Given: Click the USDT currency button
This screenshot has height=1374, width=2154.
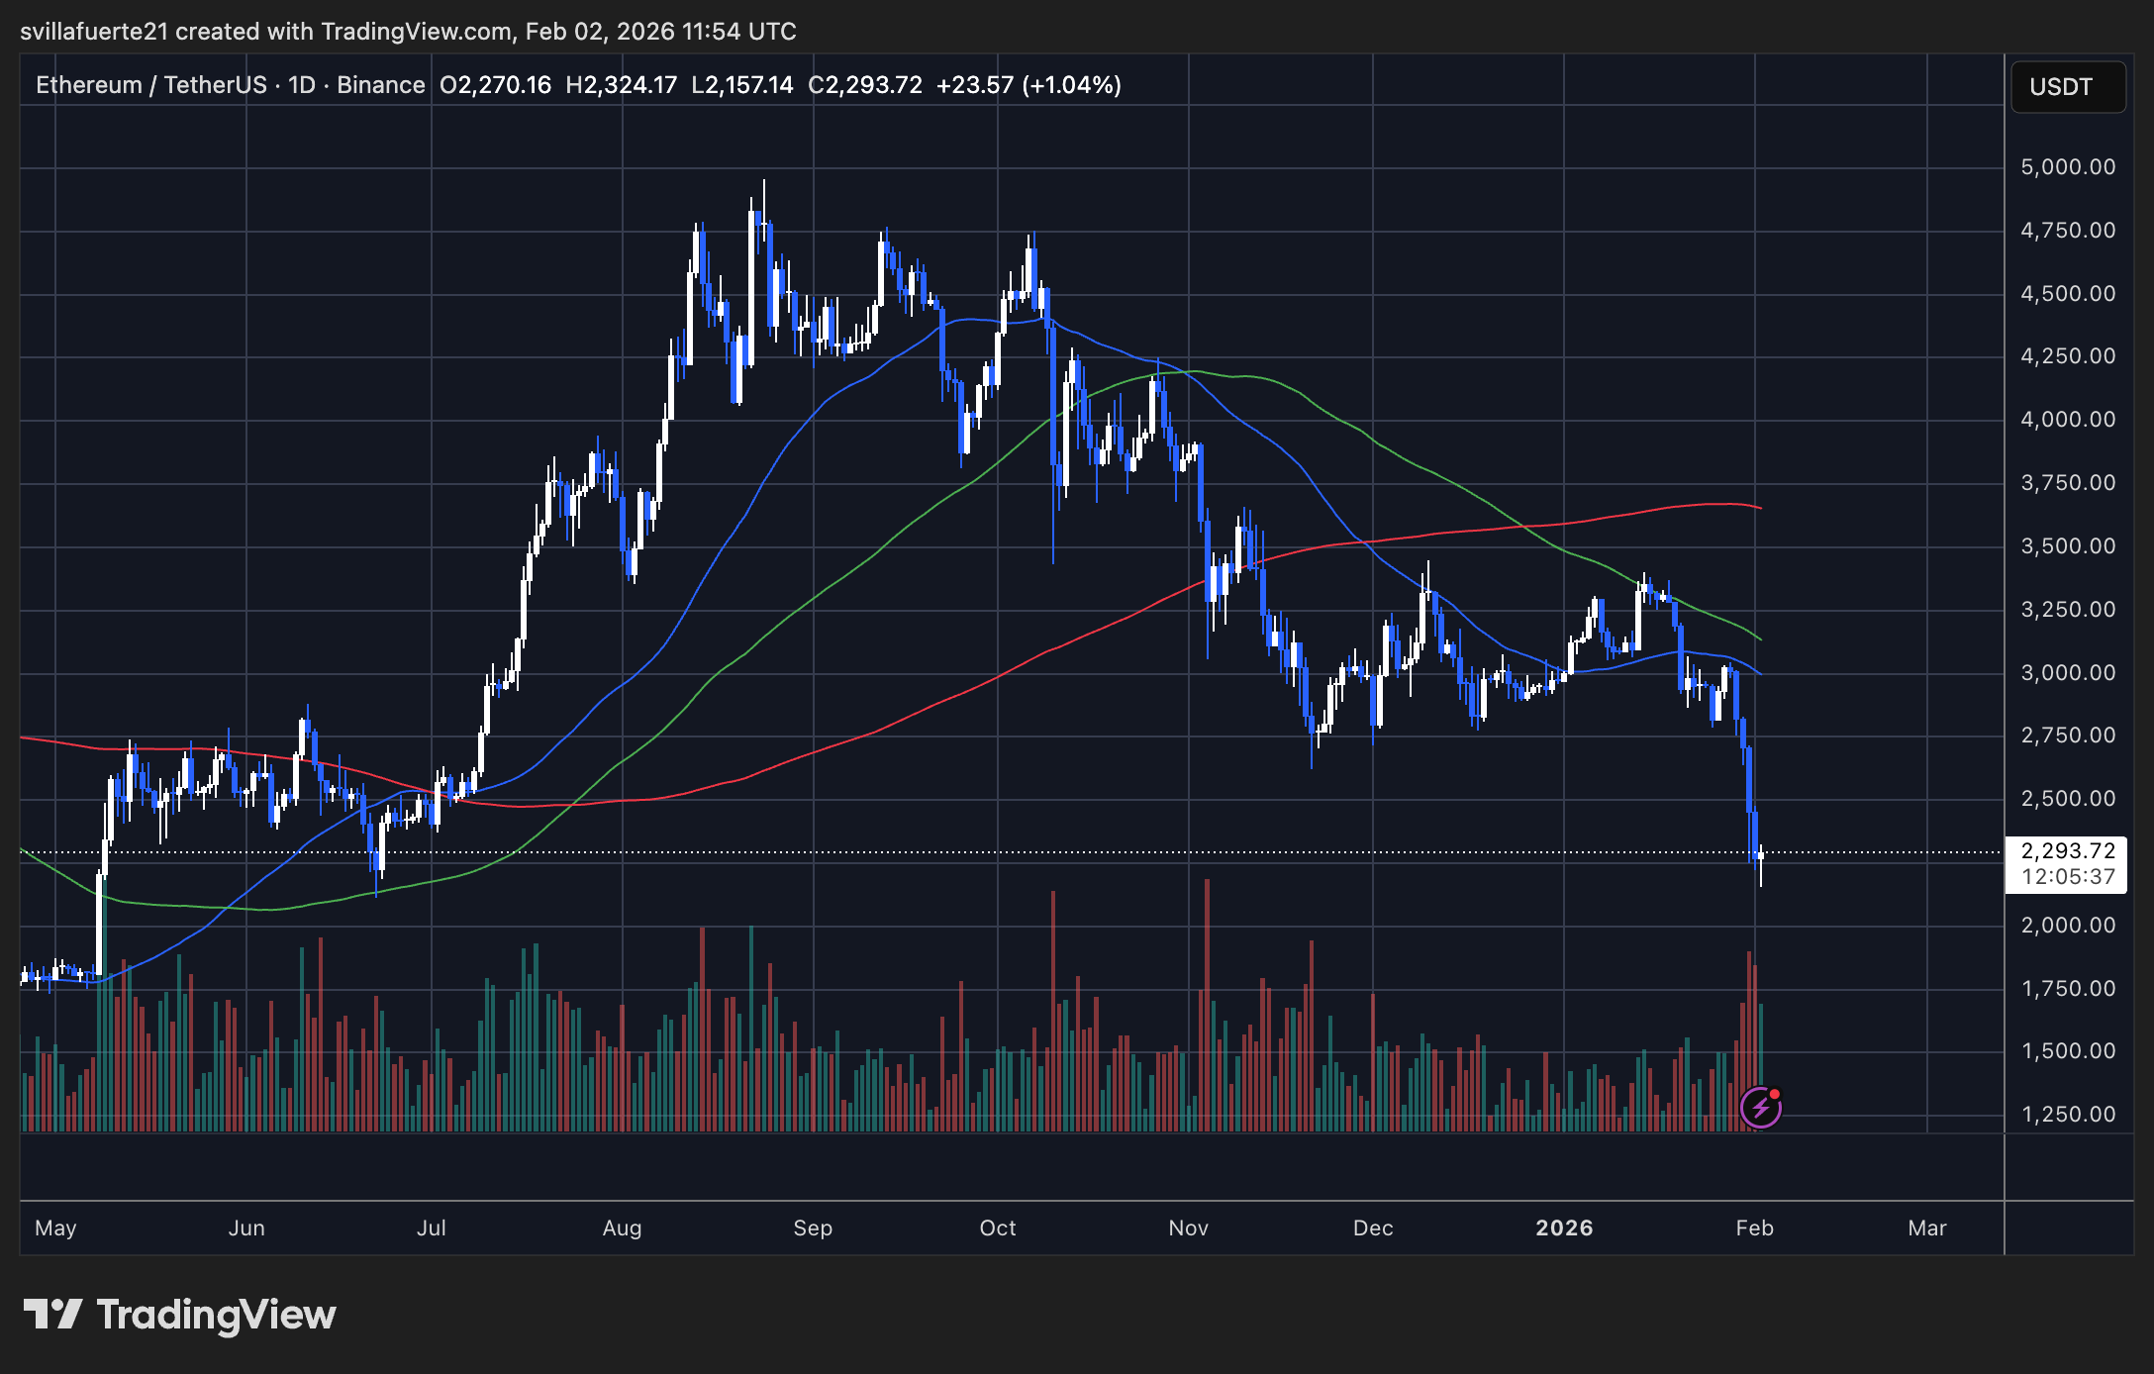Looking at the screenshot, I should pyautogui.click(x=2067, y=87).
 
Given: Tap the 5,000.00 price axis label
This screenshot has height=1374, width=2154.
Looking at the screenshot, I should pyautogui.click(x=2067, y=167).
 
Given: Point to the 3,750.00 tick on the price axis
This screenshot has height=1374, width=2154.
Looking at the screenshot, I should pyautogui.click(x=2067, y=483).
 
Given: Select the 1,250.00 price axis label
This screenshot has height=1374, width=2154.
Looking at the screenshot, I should pyautogui.click(x=2067, y=1115).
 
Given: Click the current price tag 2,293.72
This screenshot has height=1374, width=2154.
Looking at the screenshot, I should pyautogui.click(x=2067, y=851).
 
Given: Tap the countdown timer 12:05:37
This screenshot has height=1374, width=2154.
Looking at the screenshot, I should pyautogui.click(x=2067, y=877).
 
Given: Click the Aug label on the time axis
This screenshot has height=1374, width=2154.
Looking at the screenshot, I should pyautogui.click(x=622, y=1228).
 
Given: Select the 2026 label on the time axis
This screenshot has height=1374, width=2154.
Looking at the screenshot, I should pyautogui.click(x=1564, y=1228).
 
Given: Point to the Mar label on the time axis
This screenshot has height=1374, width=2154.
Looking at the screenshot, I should pyautogui.click(x=1927, y=1228).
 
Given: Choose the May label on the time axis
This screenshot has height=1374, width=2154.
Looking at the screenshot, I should pyautogui.click(x=55, y=1228).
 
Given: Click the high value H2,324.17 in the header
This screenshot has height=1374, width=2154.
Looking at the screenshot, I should pyautogui.click(x=621, y=85).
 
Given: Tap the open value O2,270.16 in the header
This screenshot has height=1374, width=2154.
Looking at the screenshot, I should pyautogui.click(x=495, y=85).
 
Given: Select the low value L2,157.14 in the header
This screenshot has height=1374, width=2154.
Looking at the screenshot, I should pyautogui.click(x=741, y=85).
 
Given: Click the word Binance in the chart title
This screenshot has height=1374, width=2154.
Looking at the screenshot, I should pyautogui.click(x=380, y=85).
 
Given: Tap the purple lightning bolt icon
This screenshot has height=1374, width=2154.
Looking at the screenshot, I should pyautogui.click(x=1761, y=1108).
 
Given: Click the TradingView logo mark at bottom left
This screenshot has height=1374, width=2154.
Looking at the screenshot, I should pyautogui.click(x=52, y=1315).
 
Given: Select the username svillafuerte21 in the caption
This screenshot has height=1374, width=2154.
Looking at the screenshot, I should pyautogui.click(x=94, y=32).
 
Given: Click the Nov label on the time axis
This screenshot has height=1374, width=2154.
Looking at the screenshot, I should pyautogui.click(x=1188, y=1228).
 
